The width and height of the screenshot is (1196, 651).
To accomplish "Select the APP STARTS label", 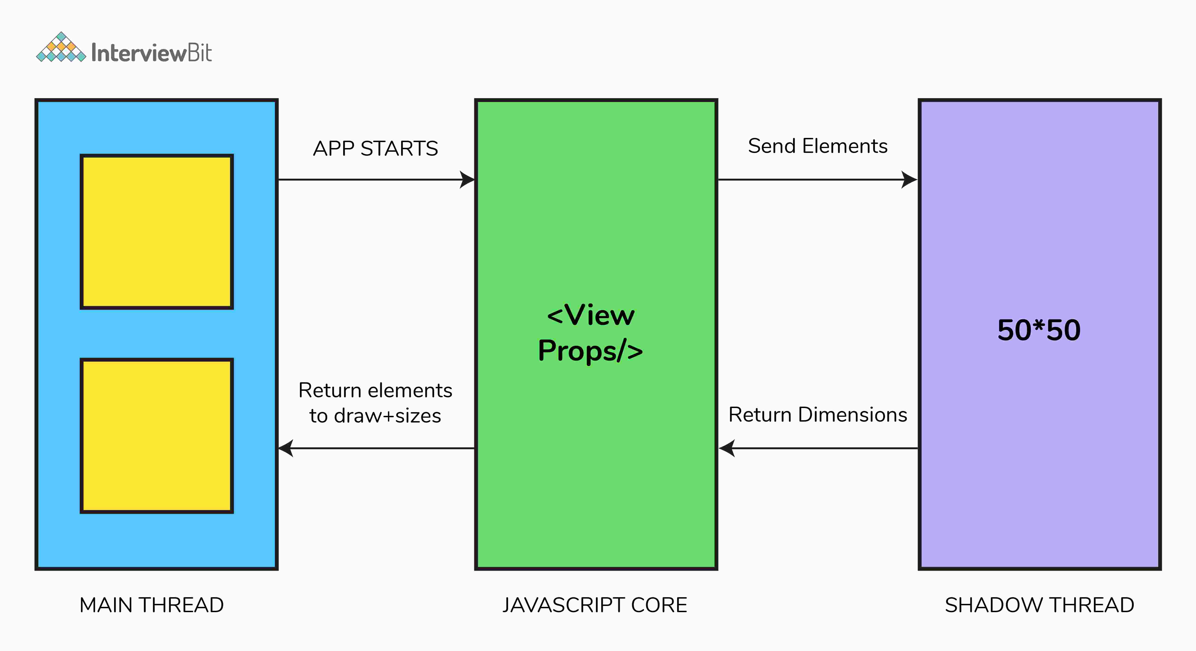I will (x=375, y=148).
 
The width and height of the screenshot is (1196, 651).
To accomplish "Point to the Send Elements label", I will (x=818, y=146).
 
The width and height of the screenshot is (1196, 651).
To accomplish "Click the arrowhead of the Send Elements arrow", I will (x=909, y=180).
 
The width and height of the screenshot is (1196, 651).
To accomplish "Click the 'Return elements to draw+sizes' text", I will (x=375, y=403).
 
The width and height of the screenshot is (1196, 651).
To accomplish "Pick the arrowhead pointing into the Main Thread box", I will (x=286, y=448).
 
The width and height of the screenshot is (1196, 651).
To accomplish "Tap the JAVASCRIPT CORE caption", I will (x=595, y=605).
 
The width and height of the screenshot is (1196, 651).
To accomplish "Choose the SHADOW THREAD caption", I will (x=1040, y=605).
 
